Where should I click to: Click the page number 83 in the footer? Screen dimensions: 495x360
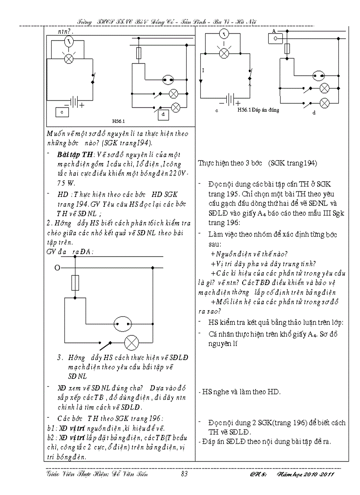185,474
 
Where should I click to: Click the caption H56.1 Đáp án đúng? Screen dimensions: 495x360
258,110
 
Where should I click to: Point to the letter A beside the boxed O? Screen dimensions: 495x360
274,31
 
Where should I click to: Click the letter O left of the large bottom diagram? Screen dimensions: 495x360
57,268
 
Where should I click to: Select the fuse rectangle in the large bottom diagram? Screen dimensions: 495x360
75,282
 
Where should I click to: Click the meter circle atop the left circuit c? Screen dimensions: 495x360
68,42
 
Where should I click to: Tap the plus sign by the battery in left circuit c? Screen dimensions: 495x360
82,105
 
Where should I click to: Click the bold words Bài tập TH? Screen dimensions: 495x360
74,153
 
